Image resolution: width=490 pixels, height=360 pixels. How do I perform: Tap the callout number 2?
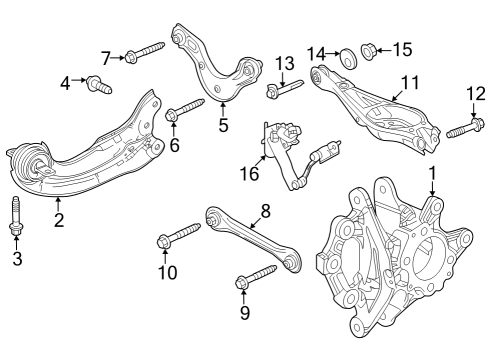[58, 219]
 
